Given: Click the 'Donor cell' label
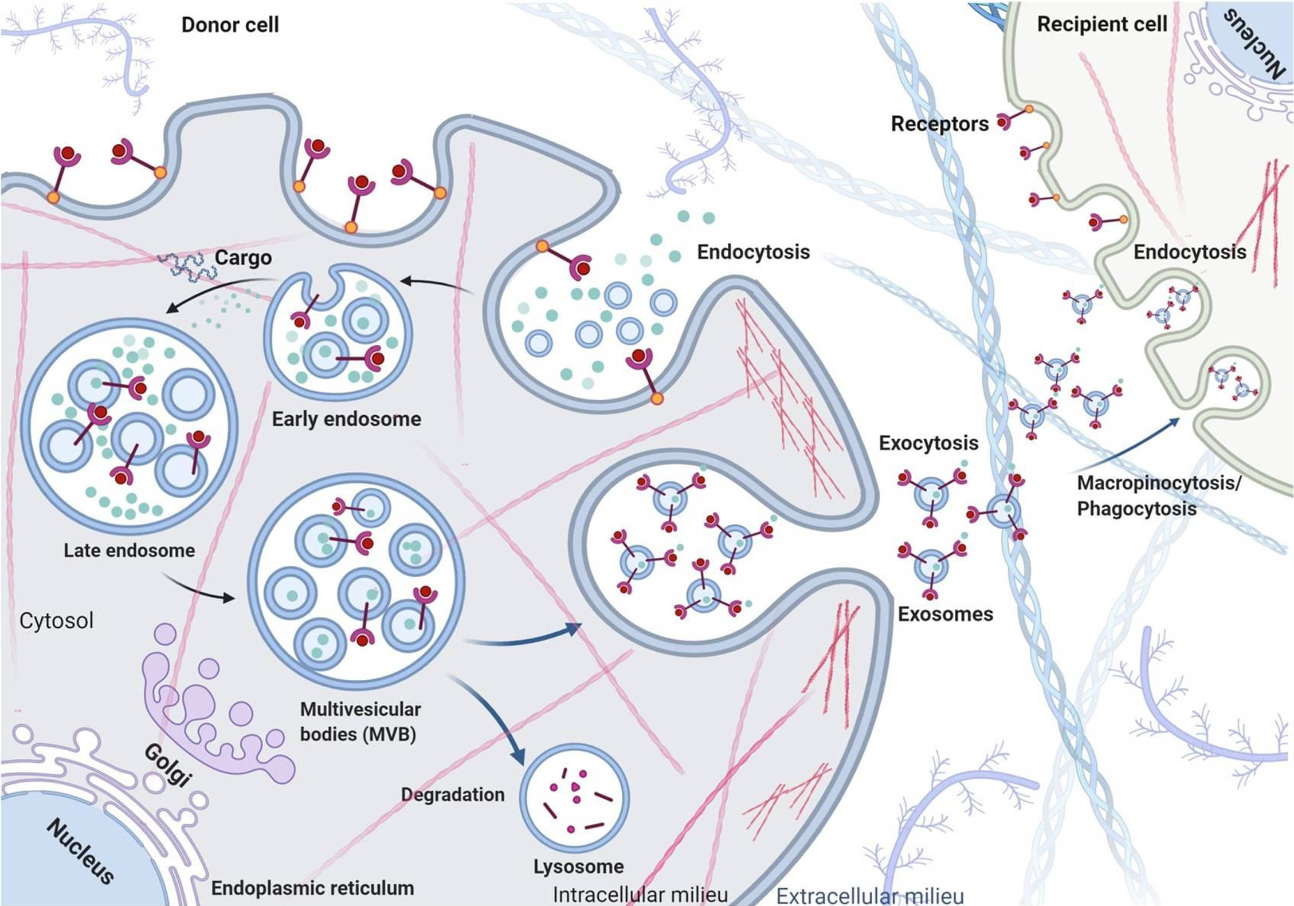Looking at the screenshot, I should point(230,25).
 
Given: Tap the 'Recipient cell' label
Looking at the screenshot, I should point(1101,24).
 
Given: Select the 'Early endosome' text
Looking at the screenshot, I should point(346,419).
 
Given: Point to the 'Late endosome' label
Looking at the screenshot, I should point(129,550).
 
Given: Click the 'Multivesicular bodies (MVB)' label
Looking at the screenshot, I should point(360,722).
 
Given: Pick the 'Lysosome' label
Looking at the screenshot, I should point(578,866).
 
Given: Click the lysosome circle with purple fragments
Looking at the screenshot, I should point(574,798).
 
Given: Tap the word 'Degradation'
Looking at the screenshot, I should point(453,794).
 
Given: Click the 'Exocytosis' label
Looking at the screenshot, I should point(928,443).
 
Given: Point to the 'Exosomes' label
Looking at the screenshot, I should point(945,614).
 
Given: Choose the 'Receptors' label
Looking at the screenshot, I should point(939,124).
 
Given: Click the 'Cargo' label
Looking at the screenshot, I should point(243,258).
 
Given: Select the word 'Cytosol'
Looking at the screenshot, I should point(56,621).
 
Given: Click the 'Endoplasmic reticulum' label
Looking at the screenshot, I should point(312,888).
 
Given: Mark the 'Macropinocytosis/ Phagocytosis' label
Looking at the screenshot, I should point(1158,495).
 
